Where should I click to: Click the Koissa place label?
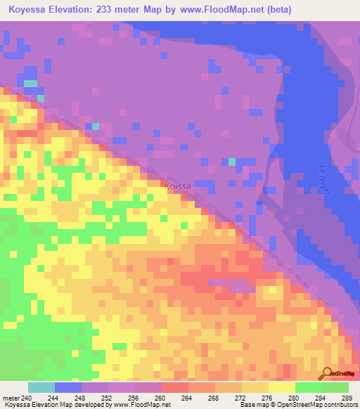point(178,187)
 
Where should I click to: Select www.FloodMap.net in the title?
point(231,9)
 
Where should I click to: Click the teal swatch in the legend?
point(41,387)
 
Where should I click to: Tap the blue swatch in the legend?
point(68,387)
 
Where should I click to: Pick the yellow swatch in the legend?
point(282,387)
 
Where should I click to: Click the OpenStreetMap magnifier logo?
point(327,373)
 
